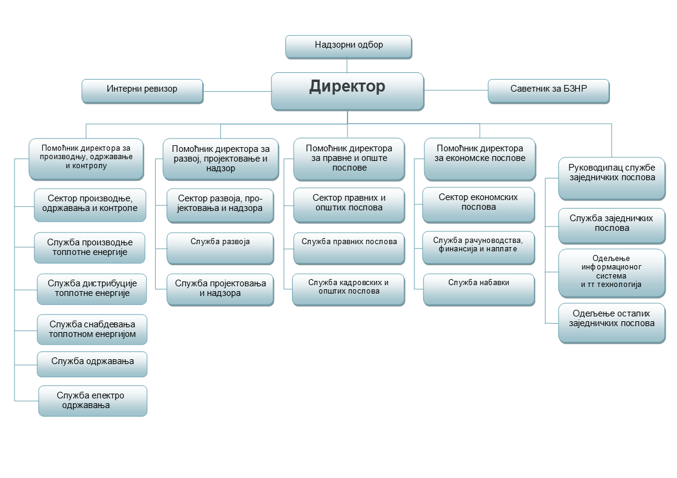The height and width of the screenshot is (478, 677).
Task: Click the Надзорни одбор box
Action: [348, 46]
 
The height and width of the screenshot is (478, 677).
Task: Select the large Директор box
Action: [348, 92]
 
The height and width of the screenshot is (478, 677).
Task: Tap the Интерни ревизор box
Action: [142, 91]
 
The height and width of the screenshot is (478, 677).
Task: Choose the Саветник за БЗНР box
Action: [548, 91]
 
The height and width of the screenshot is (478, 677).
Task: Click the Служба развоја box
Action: [220, 248]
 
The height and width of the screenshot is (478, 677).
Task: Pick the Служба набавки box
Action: [479, 290]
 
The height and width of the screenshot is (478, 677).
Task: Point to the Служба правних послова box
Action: [349, 248]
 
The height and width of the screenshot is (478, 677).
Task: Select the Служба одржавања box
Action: [92, 364]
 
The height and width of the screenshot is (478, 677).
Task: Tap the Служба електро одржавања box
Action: [93, 401]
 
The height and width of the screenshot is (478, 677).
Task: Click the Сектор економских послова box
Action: [478, 205]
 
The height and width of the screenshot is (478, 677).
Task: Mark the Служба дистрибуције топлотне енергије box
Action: [92, 289]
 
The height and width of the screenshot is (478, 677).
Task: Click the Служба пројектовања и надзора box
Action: [220, 290]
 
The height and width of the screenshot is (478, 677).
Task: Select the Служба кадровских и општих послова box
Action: [348, 290]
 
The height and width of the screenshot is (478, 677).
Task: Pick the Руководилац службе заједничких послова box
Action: [612, 178]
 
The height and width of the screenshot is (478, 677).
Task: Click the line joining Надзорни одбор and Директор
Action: [347, 66]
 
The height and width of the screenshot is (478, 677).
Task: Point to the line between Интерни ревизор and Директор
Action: [237, 92]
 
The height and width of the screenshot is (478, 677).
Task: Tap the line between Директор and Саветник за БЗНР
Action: [456, 90]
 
